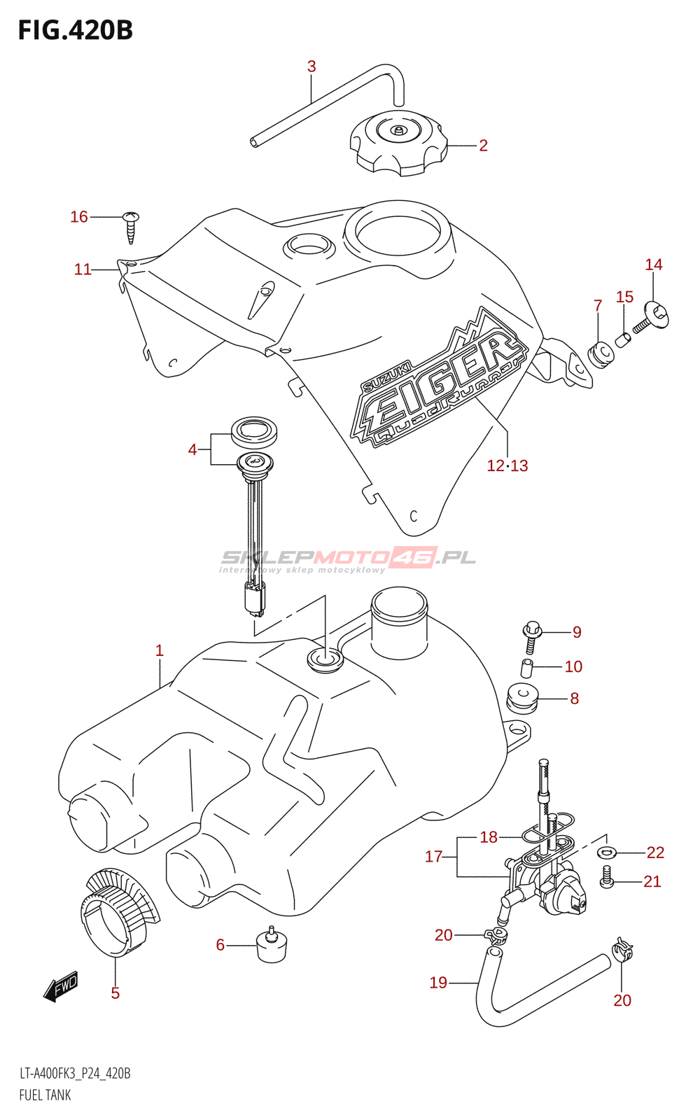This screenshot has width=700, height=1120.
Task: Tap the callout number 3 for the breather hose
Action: coord(311,66)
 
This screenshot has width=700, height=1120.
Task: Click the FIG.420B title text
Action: coord(75,30)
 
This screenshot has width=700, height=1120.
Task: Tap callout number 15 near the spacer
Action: coord(624,297)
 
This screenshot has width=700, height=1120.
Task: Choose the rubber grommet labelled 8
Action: coord(521,698)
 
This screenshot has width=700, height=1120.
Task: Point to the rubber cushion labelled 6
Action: coord(272,946)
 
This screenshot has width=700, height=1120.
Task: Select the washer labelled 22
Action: coord(606,853)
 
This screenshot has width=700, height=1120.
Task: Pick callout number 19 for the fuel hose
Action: coord(438,983)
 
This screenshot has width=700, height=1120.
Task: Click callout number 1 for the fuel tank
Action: coord(160,650)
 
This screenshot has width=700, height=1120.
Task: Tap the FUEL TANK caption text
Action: coord(45,1095)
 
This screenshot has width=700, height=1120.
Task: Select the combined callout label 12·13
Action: coord(507,465)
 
